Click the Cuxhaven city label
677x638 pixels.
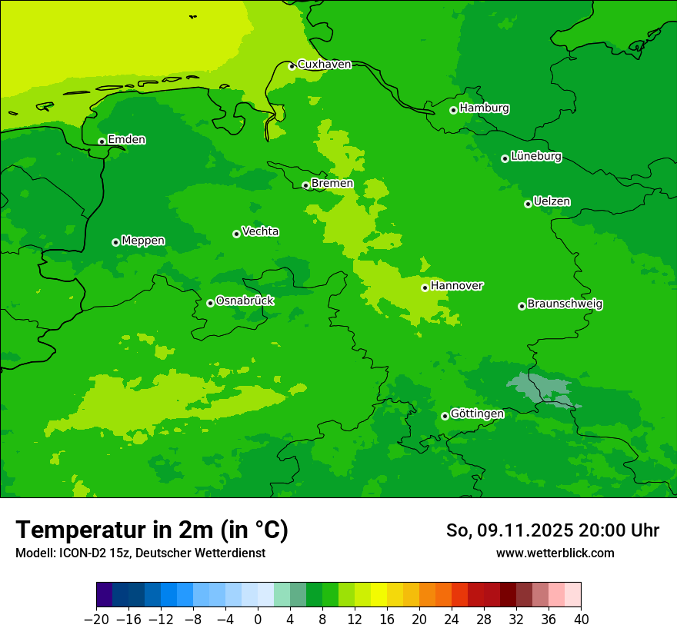[x=324, y=65]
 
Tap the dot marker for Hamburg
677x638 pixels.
[x=454, y=110]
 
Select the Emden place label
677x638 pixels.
[x=126, y=140]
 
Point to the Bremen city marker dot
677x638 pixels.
[x=305, y=185]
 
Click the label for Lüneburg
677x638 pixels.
[x=535, y=157]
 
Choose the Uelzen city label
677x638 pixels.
[x=552, y=202]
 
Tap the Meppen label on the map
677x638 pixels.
[x=143, y=241]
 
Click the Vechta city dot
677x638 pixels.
[x=236, y=234]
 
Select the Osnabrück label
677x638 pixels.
[x=245, y=301]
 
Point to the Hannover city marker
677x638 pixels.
[x=425, y=287]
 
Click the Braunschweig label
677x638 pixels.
[x=565, y=304]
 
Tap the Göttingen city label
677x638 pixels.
[x=477, y=414]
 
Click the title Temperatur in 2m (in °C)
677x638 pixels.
[x=152, y=530]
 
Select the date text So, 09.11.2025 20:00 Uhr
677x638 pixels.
[x=552, y=530]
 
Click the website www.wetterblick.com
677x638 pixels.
[x=555, y=553]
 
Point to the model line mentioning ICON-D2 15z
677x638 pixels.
[x=140, y=553]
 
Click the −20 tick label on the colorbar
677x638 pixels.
[x=96, y=620]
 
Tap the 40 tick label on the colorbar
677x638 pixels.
[x=581, y=620]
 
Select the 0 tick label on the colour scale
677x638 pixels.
[x=258, y=620]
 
